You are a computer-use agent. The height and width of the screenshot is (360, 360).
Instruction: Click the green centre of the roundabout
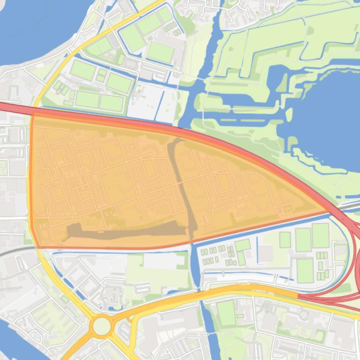click(x=101, y=326)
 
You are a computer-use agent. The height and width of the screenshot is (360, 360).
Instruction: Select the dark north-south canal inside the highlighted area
click(x=185, y=187)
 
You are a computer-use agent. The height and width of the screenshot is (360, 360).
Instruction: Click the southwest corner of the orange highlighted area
click(x=37, y=246)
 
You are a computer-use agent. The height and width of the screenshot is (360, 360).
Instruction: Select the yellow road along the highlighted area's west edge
click(x=31, y=178)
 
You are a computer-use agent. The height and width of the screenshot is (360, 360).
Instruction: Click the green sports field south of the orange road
click(x=226, y=313)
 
